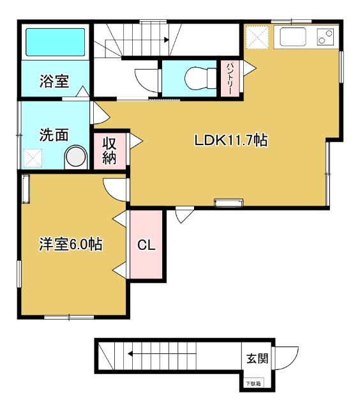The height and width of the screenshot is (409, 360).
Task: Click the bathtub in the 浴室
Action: (x=56, y=42)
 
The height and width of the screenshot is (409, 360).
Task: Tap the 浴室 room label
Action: (x=54, y=81)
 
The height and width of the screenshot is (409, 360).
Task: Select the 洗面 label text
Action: (x=54, y=135)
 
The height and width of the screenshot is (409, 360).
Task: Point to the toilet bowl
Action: (x=200, y=78)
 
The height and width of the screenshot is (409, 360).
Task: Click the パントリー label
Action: (x=230, y=78)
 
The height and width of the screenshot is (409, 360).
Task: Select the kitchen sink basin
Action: (x=293, y=37)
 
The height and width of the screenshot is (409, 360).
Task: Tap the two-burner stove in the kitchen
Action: (x=326, y=37)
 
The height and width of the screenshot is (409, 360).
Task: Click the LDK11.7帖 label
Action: (x=231, y=140)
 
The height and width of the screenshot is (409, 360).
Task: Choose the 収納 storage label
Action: (x=109, y=151)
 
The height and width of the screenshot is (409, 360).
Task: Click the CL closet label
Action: (x=146, y=245)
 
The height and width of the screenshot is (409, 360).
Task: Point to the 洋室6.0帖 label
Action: (x=71, y=244)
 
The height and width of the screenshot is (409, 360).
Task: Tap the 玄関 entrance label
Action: (x=257, y=359)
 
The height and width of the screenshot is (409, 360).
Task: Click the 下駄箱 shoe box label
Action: (x=253, y=383)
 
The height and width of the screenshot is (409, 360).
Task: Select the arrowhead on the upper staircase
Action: (x=167, y=40)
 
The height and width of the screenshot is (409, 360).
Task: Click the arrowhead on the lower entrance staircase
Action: (x=130, y=354)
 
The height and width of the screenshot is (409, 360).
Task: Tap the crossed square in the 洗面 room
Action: (x=33, y=158)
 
